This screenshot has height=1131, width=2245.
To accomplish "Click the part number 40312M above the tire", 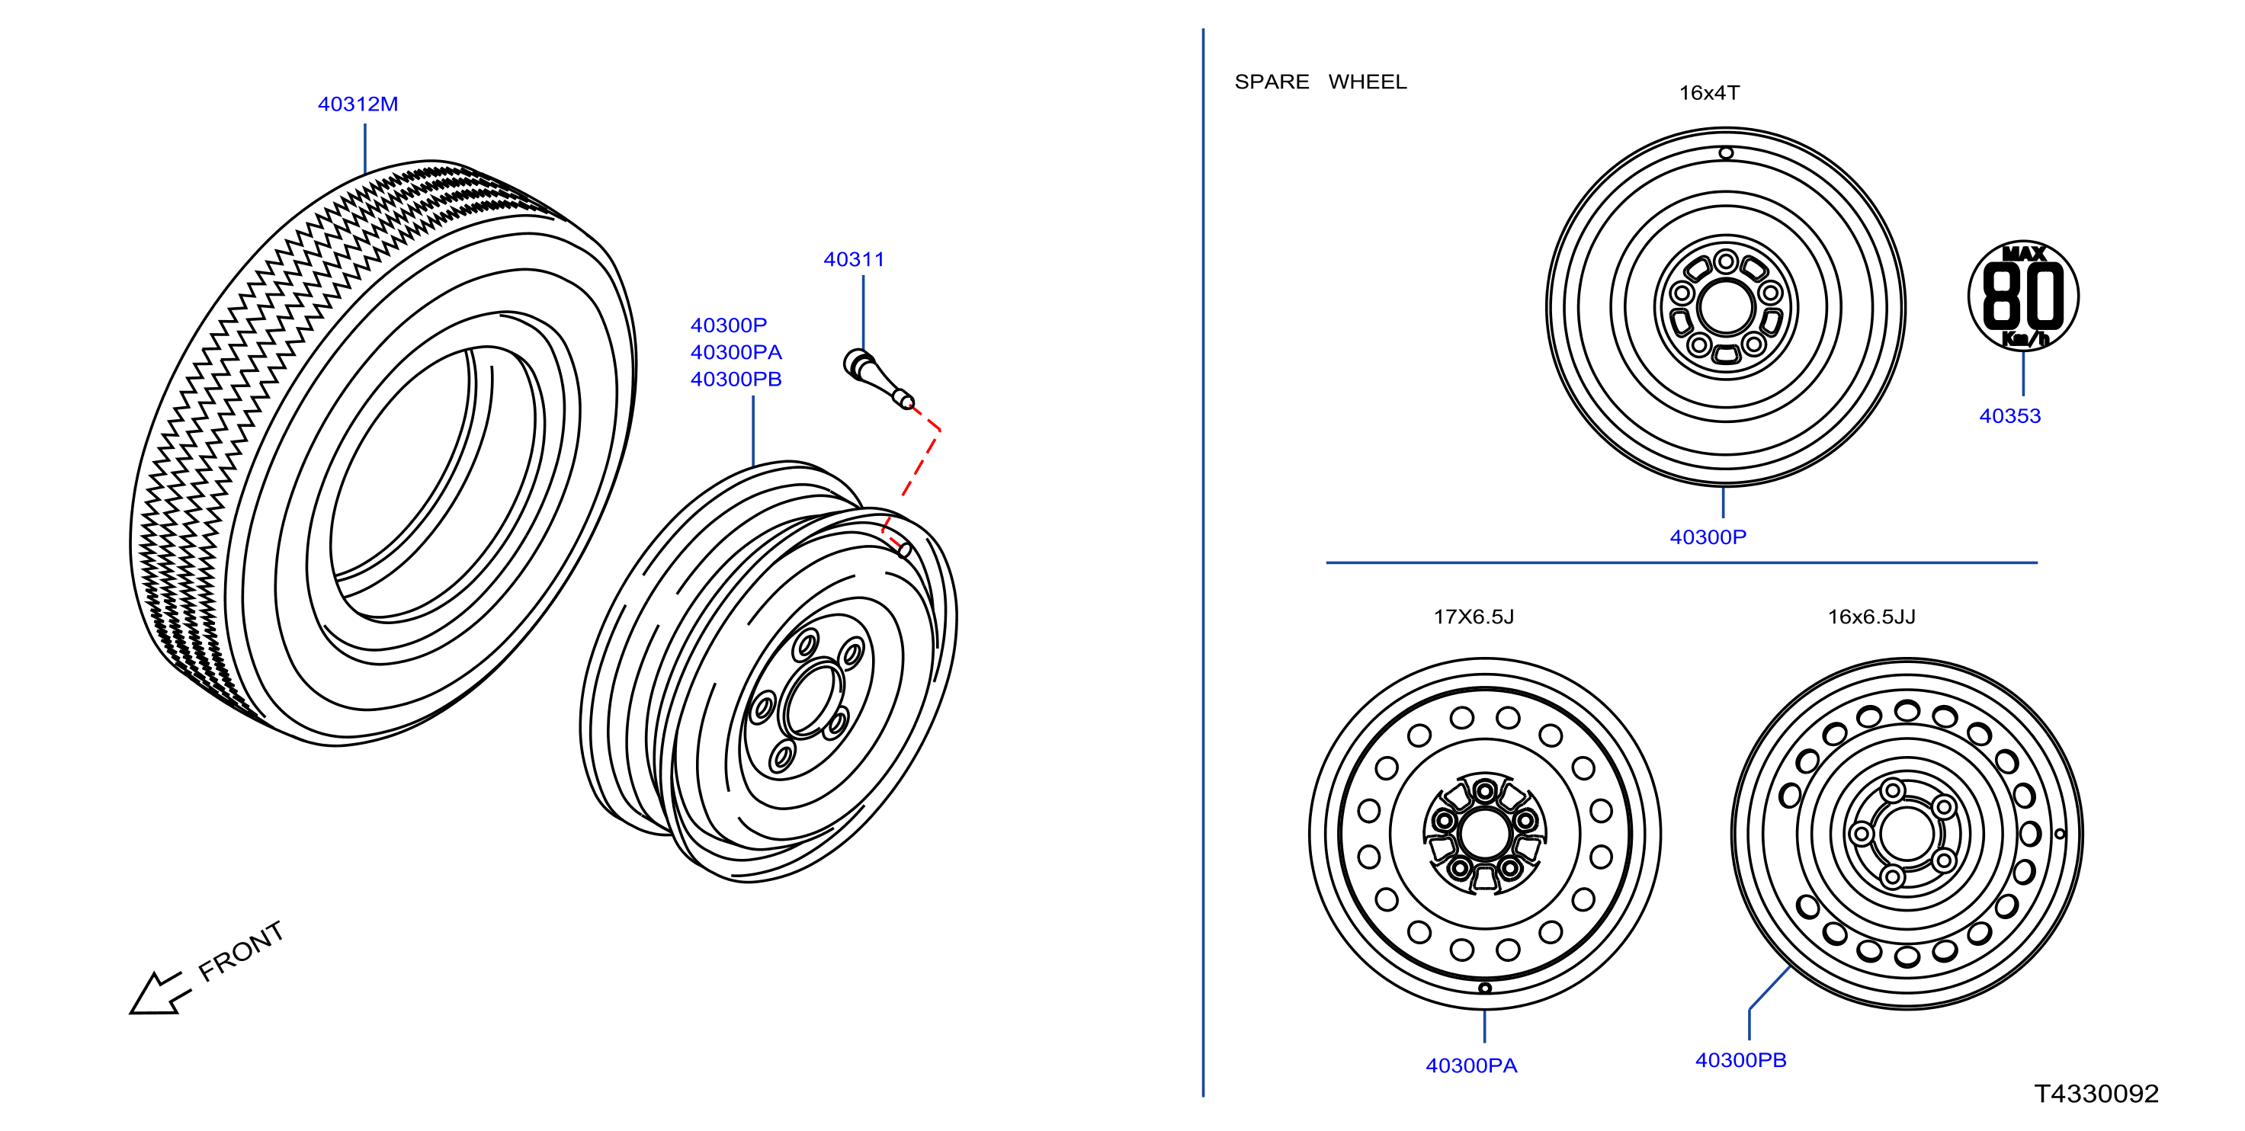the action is (358, 104).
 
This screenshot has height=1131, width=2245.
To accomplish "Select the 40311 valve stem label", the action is (853, 260).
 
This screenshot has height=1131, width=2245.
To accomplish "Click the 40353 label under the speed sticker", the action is (2009, 416).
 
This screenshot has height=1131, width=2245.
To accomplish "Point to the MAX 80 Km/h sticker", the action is (2022, 296).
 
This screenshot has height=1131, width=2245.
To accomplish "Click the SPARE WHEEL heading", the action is (1320, 82).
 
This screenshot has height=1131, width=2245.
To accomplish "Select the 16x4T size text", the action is (1709, 93).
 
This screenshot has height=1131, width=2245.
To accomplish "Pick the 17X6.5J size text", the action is (1474, 617).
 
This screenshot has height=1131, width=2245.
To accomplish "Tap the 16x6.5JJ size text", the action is (1871, 617).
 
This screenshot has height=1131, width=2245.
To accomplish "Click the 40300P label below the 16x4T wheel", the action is (1708, 537).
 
